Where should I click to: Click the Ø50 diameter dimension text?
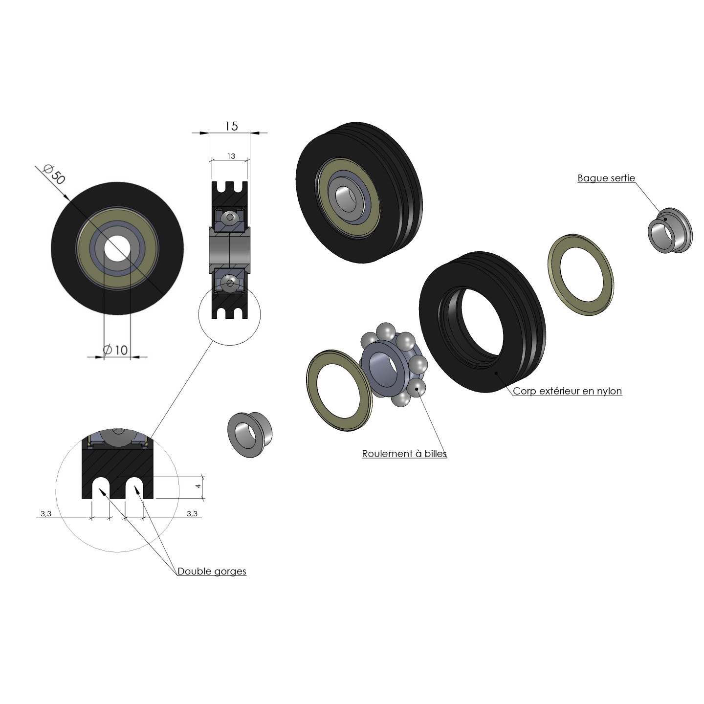tap(54, 175)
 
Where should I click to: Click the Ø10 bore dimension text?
tap(115, 350)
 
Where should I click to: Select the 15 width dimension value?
tap(231, 126)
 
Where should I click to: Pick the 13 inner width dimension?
tap(231, 156)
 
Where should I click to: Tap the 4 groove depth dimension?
tap(198, 487)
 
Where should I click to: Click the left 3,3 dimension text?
tap(45, 513)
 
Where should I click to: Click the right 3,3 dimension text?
tap(192, 513)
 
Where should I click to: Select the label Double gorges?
tap(212, 571)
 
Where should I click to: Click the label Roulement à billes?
tap(404, 454)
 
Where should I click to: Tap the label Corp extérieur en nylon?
tap(567, 391)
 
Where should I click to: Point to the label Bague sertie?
tap(606, 178)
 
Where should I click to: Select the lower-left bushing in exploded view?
tap(249, 434)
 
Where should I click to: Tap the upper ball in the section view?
tap(229, 216)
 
